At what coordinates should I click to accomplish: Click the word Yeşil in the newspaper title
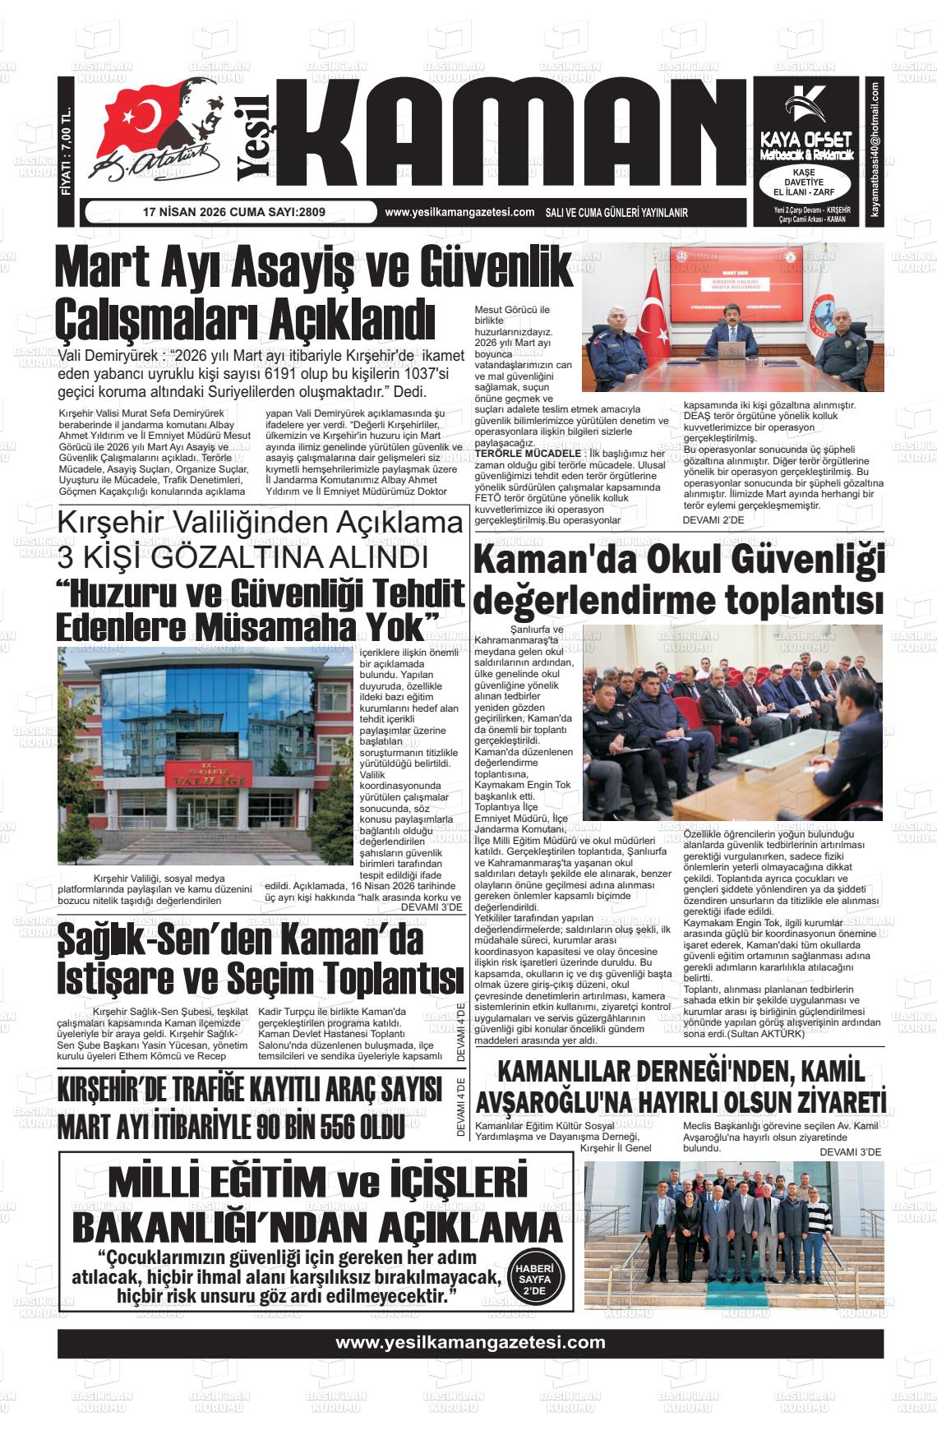click(254, 136)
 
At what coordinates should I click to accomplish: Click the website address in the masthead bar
click(459, 212)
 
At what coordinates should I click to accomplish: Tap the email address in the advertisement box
click(876, 149)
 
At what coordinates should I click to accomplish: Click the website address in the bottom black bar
click(470, 1343)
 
